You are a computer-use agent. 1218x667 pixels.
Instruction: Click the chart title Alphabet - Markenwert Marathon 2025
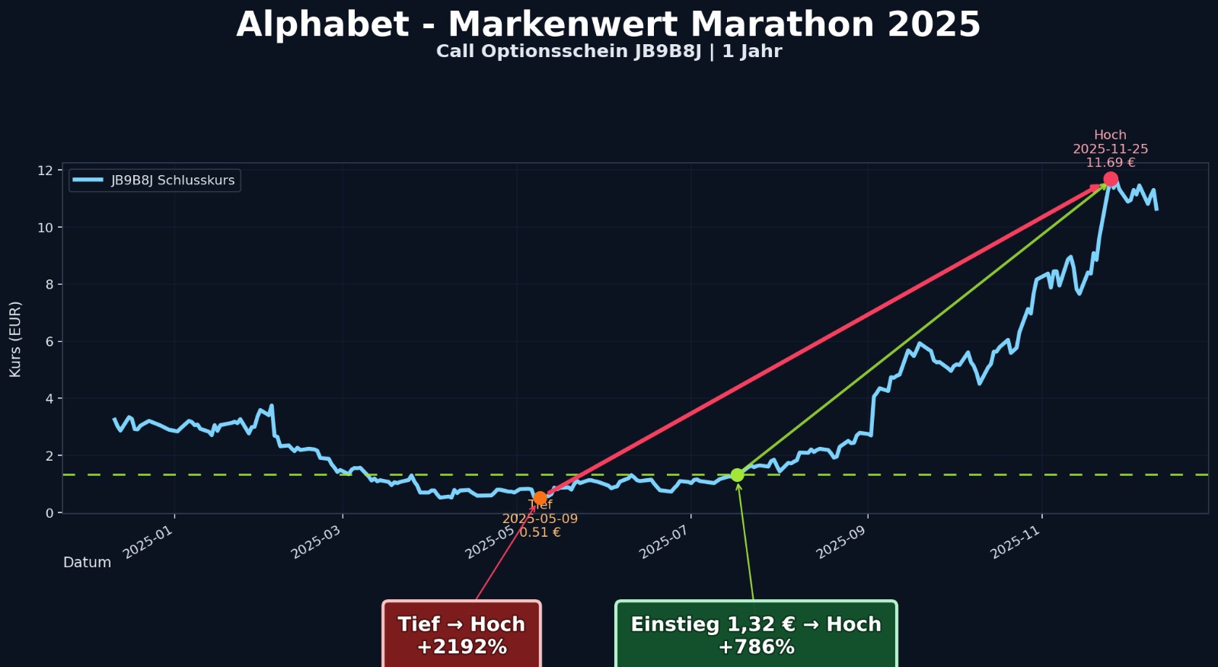point(608,24)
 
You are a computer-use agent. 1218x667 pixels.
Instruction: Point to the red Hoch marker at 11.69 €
point(1111,180)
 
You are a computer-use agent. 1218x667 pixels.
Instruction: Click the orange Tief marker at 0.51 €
point(540,499)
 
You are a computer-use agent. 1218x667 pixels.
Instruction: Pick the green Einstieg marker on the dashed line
point(737,475)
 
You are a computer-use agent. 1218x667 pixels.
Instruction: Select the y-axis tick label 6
point(49,342)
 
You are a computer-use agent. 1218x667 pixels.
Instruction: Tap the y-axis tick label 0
point(49,513)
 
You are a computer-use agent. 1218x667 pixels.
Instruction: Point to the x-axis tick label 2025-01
point(149,542)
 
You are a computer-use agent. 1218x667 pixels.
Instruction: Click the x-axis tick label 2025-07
point(665,542)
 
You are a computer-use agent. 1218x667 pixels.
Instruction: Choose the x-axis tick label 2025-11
point(1016,542)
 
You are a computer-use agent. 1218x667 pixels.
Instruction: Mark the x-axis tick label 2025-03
point(317,542)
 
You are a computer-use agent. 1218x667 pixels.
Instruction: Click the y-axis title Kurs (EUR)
point(15,339)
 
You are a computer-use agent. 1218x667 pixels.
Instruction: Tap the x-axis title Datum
point(87,563)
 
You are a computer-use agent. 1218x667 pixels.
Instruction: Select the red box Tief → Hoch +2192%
point(462,635)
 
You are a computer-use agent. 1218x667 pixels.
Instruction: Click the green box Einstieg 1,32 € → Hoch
point(756,635)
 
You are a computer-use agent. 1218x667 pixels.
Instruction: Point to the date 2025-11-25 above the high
point(1111,149)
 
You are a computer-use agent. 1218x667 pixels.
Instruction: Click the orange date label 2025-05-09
point(540,519)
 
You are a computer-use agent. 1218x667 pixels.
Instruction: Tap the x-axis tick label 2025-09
point(841,542)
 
